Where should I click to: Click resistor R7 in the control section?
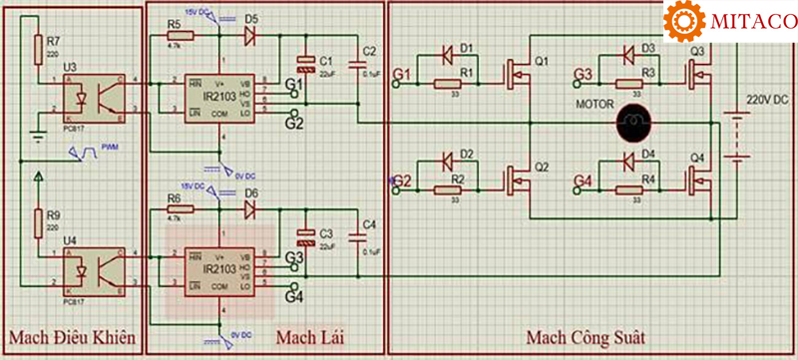pyautogui.click(x=39, y=47)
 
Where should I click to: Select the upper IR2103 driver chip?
pyautogui.click(x=218, y=96)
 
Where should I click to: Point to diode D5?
pyautogui.click(x=250, y=35)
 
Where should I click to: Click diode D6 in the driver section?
pyautogui.click(x=250, y=208)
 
